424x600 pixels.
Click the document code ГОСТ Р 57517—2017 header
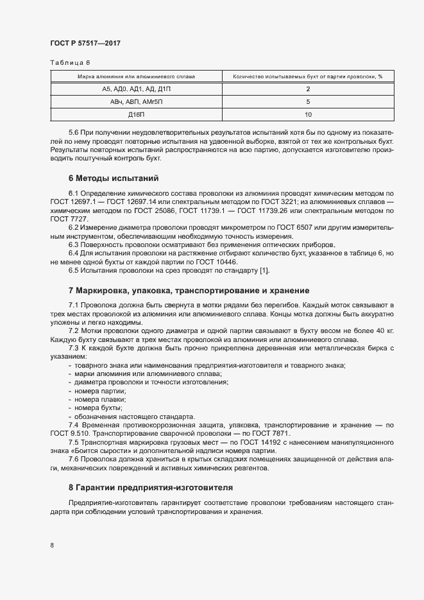pyautogui.click(x=85, y=43)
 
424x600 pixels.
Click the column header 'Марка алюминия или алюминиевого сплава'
pyautogui.click(x=136, y=76)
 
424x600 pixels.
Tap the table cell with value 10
pyautogui.click(x=309, y=115)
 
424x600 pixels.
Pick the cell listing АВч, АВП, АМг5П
pyautogui.click(x=136, y=102)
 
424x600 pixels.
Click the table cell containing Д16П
pyautogui.click(x=136, y=115)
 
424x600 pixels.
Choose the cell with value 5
pyautogui.click(x=309, y=102)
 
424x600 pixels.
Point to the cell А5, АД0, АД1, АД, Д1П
pyautogui.click(x=136, y=89)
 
